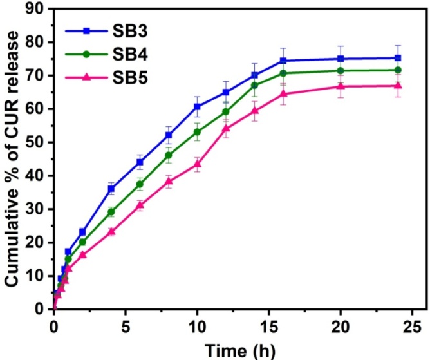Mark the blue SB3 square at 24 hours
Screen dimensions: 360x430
[x=398, y=58]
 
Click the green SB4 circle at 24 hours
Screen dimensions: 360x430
[x=398, y=70]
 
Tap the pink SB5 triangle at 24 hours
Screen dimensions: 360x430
[x=398, y=86]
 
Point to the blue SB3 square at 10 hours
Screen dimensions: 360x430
[x=197, y=107]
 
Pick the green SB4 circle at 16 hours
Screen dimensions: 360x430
[x=283, y=73]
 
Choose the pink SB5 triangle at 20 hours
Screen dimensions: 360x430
[x=341, y=86]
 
